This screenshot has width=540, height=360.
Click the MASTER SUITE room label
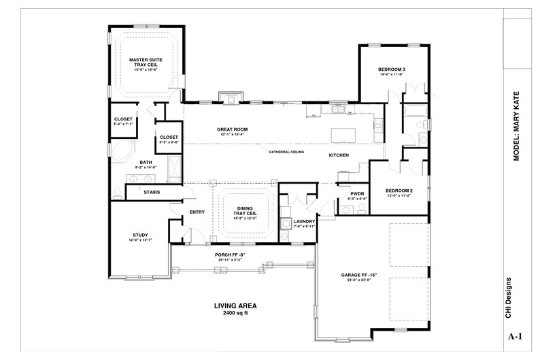148,62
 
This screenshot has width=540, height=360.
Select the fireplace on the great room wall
231,98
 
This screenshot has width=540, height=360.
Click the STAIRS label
152,193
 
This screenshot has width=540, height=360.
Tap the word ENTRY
197,212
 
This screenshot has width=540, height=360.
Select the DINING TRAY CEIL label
246,212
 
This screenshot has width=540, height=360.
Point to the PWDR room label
357,194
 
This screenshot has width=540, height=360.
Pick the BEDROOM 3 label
392,70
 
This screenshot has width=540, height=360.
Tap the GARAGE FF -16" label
360,276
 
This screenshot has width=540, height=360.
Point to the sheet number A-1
516,336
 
